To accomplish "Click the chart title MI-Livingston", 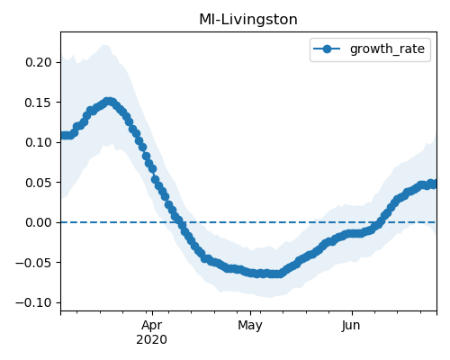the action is [248, 20].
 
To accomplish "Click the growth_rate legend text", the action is [387, 49].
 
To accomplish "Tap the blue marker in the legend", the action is [327, 49].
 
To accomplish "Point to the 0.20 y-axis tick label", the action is [39, 62].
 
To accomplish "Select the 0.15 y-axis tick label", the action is [39, 103].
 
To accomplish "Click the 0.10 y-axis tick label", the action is [39, 142].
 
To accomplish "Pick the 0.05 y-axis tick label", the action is [39, 183].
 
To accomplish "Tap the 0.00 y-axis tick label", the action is [39, 222].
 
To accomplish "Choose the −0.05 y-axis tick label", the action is [34, 263].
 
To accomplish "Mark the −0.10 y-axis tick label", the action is [34, 302].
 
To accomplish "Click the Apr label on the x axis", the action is [152, 326].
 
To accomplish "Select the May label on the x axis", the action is [250, 326].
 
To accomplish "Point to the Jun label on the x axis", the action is [351, 326].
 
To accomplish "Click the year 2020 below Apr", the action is [151, 340].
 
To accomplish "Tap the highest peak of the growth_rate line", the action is [110, 102].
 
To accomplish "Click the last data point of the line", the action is [434, 184].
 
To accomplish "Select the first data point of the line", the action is [62, 136].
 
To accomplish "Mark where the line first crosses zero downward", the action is [180, 222].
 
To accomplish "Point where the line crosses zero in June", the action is [379, 222].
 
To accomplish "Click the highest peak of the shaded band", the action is [104, 44].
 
